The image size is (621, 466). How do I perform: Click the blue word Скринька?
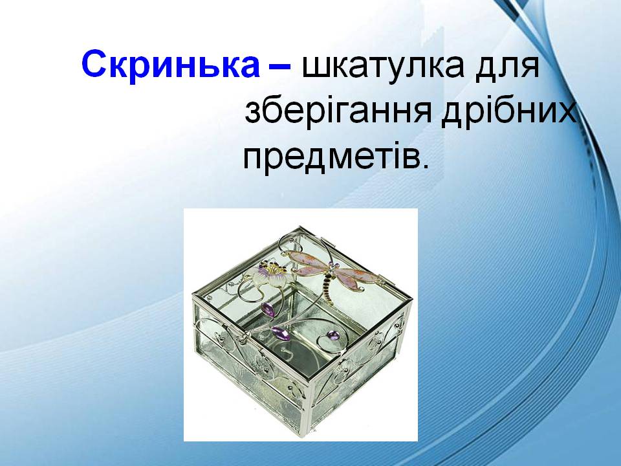pyautogui.click(x=169, y=66)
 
